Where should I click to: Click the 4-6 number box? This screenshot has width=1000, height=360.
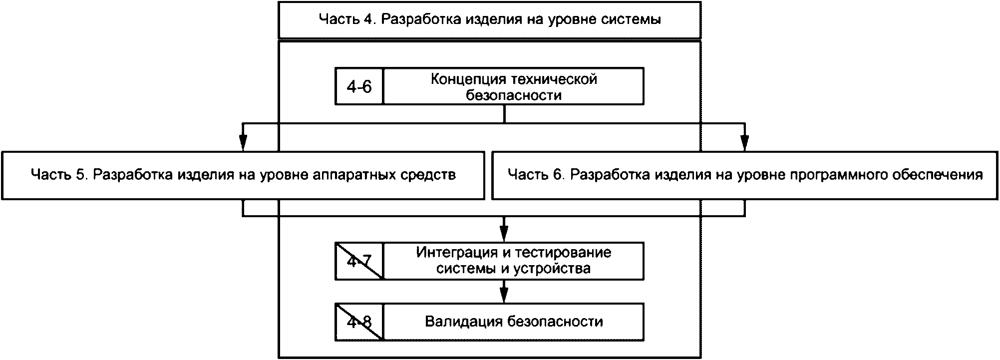359,87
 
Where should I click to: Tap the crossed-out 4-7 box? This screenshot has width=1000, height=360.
359,261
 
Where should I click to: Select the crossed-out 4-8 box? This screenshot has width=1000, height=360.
359,322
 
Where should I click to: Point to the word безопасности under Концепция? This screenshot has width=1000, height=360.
514,95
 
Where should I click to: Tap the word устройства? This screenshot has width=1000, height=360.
553,268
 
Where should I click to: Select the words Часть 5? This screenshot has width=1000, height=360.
59,175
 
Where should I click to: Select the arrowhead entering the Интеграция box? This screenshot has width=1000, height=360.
504,234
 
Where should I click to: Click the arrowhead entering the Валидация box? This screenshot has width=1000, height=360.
504,295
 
